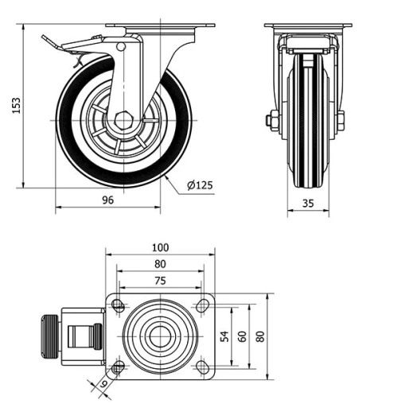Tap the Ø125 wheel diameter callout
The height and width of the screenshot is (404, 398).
click(199, 185)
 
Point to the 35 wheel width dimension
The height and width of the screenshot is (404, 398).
click(308, 203)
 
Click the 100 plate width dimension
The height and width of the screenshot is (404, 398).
click(160, 247)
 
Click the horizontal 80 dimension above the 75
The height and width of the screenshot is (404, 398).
click(160, 263)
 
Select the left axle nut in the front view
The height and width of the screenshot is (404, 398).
click(271, 121)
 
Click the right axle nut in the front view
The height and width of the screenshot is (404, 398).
click(340, 121)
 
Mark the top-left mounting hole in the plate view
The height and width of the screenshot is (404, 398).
click(119, 305)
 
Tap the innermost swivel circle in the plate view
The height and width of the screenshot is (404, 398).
click(160, 336)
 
